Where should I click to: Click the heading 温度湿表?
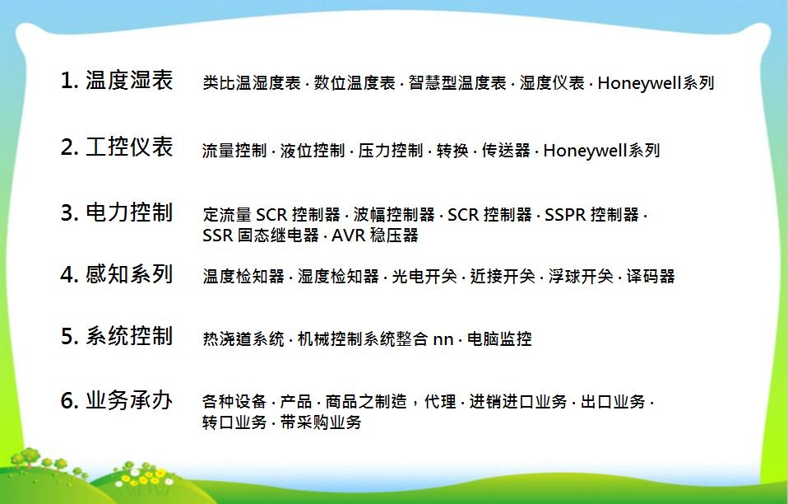click(x=129, y=81)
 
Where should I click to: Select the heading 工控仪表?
click(x=129, y=147)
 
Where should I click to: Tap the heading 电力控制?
click(x=129, y=212)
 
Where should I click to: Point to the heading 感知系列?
click(x=129, y=274)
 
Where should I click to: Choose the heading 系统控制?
click(x=129, y=336)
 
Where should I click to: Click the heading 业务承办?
click(x=129, y=400)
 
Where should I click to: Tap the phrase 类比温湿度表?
click(x=251, y=83)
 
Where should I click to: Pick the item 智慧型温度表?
click(x=457, y=83)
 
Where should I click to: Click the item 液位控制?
click(x=312, y=151)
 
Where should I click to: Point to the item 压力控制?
click(x=391, y=151)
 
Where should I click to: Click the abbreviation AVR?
click(x=348, y=235)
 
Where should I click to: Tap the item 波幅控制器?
click(x=394, y=215)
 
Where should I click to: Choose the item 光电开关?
click(x=424, y=276)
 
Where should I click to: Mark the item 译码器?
click(x=651, y=276)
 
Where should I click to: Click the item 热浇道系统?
click(x=243, y=338)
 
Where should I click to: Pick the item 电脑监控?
click(x=499, y=338)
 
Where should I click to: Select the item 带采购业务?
click(x=321, y=422)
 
